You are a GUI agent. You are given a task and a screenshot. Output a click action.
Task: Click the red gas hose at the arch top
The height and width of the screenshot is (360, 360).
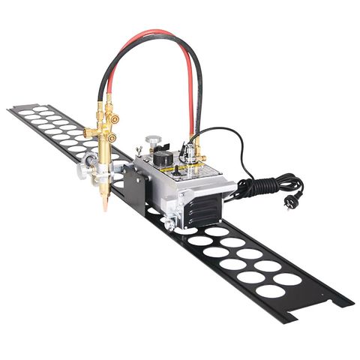click(x=154, y=34)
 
